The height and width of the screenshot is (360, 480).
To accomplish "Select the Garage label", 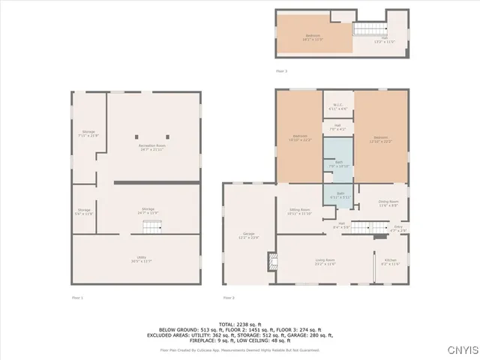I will pyautogui.click(x=249, y=235).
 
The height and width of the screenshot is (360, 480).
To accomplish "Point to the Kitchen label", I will pyautogui.click(x=391, y=262).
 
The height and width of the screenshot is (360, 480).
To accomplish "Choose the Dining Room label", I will pyautogui.click(x=388, y=203).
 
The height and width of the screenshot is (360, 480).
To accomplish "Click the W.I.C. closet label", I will pyautogui.click(x=337, y=108).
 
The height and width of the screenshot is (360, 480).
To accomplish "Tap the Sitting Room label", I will pyautogui.click(x=298, y=211).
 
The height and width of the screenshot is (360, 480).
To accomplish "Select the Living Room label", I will pyautogui.click(x=325, y=262).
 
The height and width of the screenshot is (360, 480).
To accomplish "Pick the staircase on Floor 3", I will pyautogui.click(x=364, y=29).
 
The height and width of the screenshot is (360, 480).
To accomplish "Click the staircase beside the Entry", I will pyautogui.click(x=363, y=227).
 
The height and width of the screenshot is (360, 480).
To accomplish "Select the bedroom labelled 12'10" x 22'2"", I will pyautogui.click(x=380, y=139).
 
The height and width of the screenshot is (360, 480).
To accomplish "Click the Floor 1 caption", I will pyautogui.click(x=77, y=298).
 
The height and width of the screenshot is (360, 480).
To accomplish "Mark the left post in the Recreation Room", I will pyautogui.click(x=138, y=136).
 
